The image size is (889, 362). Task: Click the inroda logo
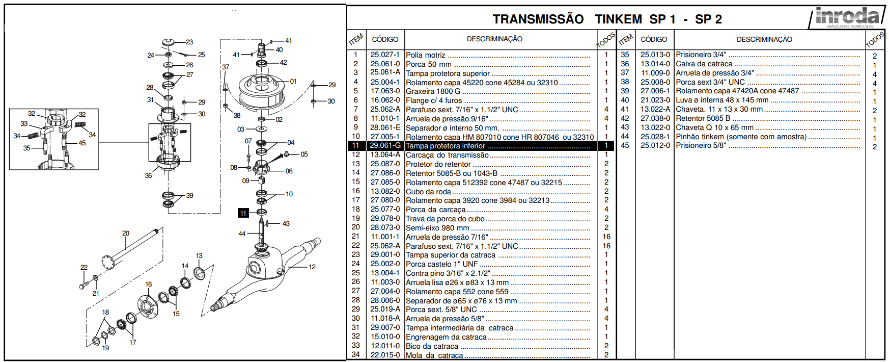click(x=847, y=17)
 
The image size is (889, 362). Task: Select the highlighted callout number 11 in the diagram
click(x=243, y=213)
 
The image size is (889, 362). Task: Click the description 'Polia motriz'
click(x=426, y=55)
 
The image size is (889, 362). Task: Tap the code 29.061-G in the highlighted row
click(x=385, y=146)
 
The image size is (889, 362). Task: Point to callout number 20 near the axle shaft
click(x=126, y=234)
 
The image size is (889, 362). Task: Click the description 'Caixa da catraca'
click(x=704, y=64)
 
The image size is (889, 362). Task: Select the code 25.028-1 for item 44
click(x=655, y=137)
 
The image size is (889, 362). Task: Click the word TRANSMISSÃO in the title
click(x=538, y=19)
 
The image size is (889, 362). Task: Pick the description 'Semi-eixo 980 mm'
click(x=437, y=228)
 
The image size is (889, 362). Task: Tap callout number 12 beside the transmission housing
click(x=312, y=267)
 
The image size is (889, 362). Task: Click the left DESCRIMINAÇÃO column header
click(x=494, y=39)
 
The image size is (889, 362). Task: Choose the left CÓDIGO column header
click(x=385, y=39)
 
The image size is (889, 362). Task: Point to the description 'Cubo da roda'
click(x=428, y=192)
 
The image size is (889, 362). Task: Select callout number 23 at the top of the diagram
click(x=189, y=42)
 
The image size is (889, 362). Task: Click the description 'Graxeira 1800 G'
click(x=433, y=91)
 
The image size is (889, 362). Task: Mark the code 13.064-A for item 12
click(x=385, y=155)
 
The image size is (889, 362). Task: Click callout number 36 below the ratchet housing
click(x=148, y=175)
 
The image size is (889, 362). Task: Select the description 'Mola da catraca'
click(x=434, y=355)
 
